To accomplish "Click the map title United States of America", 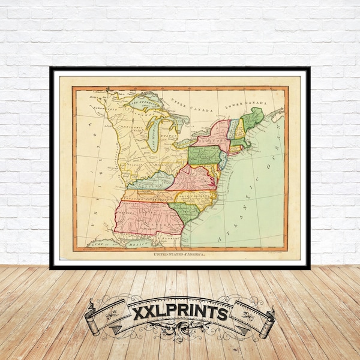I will click(180, 255).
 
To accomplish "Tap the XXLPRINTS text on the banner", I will click(179, 313).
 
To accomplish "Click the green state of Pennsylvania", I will click(205, 155).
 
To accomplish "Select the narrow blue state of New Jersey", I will click(223, 158).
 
